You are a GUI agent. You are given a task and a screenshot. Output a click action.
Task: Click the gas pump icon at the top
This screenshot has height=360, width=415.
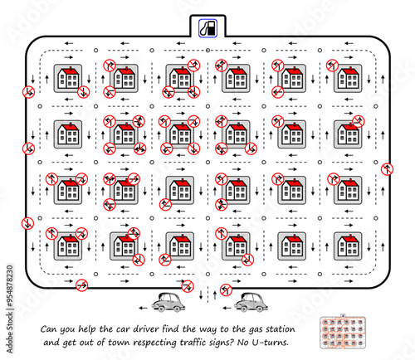coord(207,28)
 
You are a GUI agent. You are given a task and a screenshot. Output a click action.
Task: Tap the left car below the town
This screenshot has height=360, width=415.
coord(168,303)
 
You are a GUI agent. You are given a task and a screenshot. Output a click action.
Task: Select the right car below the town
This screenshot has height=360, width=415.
coord(251,303)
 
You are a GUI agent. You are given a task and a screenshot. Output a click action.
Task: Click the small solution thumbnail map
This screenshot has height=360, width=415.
coord(343,332)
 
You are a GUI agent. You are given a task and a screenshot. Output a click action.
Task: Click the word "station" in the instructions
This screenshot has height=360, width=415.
coord(281,329)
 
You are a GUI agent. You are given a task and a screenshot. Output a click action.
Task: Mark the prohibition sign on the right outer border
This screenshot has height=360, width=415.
coord(387,169)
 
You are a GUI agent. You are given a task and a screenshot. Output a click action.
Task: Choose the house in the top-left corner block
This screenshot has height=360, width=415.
coord(68,78)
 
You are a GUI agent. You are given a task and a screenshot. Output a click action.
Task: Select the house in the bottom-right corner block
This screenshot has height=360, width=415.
coord(348,246)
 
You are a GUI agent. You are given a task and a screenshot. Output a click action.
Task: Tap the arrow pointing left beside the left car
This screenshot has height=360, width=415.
coord(143,308)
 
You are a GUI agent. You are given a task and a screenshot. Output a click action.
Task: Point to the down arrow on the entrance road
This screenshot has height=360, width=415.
coord(201,294)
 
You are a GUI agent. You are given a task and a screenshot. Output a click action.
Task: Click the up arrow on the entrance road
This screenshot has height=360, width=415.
coord(215,294)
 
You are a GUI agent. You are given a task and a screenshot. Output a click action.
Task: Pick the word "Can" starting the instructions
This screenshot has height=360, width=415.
coord(48,329)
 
